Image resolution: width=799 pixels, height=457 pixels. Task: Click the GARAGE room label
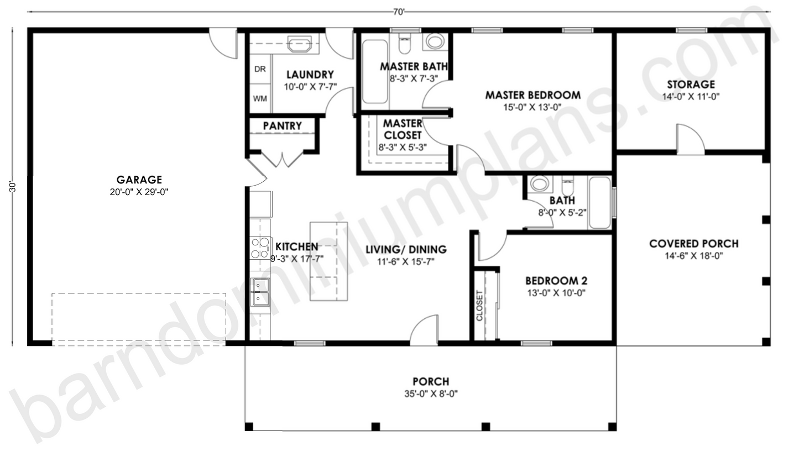[x=139, y=180]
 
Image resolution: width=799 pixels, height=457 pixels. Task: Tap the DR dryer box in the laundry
[x=260, y=69]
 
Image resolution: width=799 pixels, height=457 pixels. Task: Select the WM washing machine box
[x=260, y=98]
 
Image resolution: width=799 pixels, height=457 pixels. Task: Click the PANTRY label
[x=282, y=126]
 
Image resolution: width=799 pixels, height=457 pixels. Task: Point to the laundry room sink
[x=300, y=44]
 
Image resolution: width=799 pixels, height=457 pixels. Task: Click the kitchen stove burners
[x=259, y=248]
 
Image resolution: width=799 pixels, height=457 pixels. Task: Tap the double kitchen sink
[x=260, y=292]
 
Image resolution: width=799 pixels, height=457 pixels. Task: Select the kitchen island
[x=328, y=261]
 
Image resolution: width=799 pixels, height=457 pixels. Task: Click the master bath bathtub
[x=375, y=71]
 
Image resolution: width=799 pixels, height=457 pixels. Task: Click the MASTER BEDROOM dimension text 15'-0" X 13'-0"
[x=532, y=107]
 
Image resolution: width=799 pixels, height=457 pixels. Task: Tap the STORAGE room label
[x=691, y=85]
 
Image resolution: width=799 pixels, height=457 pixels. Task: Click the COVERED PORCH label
[x=693, y=244]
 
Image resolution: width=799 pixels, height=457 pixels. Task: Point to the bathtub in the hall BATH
[x=599, y=202]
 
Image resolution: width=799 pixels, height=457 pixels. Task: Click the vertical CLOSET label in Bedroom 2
[x=479, y=306]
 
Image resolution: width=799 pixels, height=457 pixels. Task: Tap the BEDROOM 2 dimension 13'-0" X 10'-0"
[x=555, y=293]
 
